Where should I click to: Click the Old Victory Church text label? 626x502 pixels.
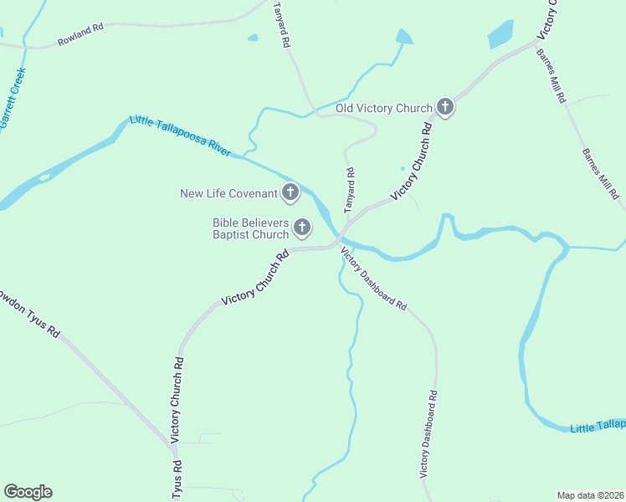click(x=384, y=108)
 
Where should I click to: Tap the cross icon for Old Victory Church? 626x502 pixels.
click(x=445, y=107)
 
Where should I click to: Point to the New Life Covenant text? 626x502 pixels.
click(x=228, y=194)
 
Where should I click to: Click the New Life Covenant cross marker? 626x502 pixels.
click(x=290, y=193)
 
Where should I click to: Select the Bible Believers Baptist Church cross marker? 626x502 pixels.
click(x=301, y=226)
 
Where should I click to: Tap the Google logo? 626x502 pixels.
click(x=28, y=492)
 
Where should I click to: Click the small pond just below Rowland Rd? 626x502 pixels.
click(x=253, y=38)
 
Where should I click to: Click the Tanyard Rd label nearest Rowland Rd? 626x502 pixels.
click(x=281, y=24)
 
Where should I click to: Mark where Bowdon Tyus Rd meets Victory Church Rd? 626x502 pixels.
click(x=173, y=448)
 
